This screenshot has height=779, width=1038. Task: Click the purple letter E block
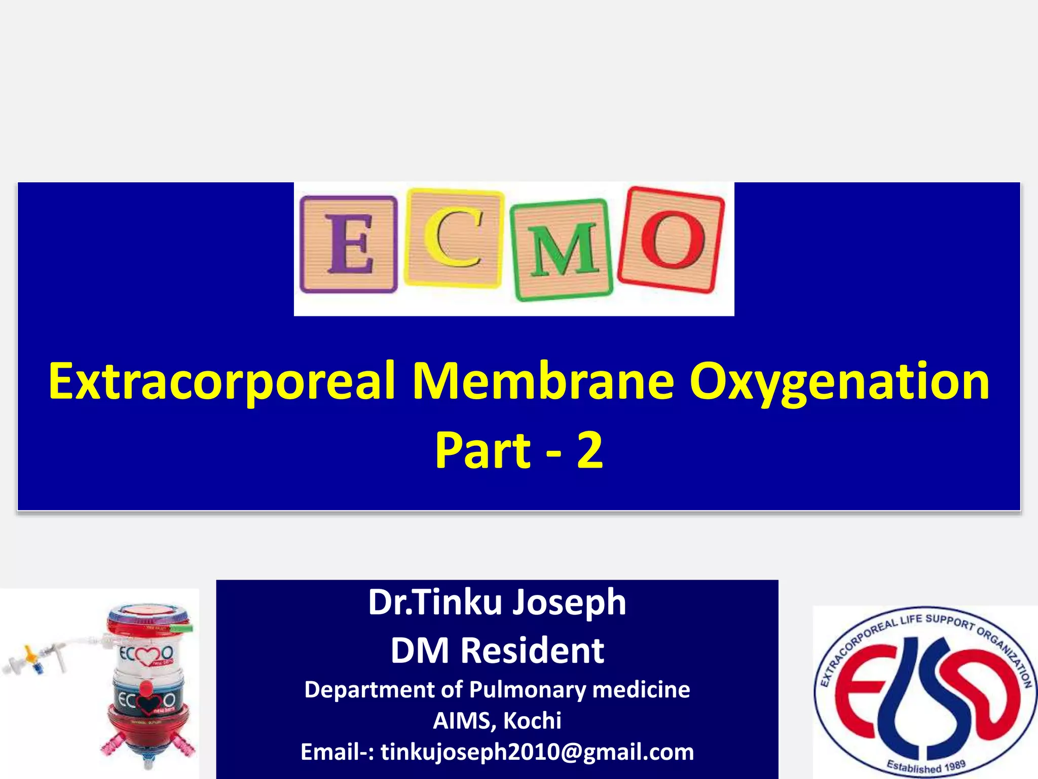coord(349,244)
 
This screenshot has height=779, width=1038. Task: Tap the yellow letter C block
coord(454,237)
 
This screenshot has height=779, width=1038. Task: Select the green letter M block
coord(562,250)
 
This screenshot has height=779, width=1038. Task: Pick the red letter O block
coord(671,239)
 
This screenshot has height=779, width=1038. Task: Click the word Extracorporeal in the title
coord(221,381)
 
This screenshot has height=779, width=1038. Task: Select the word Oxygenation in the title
coord(838,381)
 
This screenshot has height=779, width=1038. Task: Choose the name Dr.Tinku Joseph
coord(497,603)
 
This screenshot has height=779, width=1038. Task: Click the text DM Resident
coord(497,651)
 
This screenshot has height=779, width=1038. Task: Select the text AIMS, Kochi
coord(497,721)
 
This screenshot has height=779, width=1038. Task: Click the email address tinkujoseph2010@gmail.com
coord(537,752)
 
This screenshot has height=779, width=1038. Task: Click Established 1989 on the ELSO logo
coord(925,766)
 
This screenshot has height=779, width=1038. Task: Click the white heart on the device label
coord(146,657)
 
